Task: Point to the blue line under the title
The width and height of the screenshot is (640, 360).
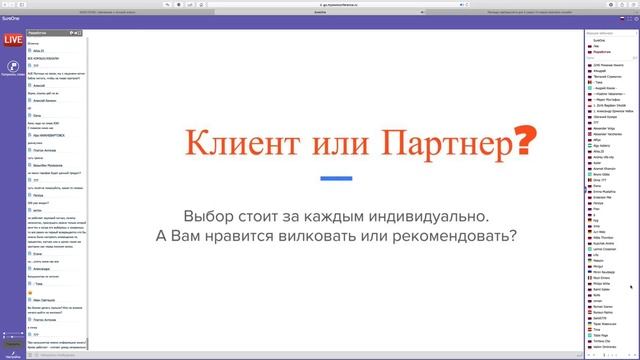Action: coord(337,178)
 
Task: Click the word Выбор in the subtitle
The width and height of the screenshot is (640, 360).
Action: coord(207,216)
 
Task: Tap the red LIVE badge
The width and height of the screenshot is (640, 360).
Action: coord(13,40)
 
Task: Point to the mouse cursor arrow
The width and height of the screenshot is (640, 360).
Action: coord(630,286)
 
